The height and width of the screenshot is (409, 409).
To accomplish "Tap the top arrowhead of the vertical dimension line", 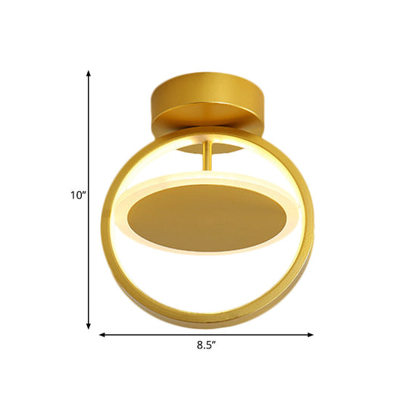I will click(x=89, y=73).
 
